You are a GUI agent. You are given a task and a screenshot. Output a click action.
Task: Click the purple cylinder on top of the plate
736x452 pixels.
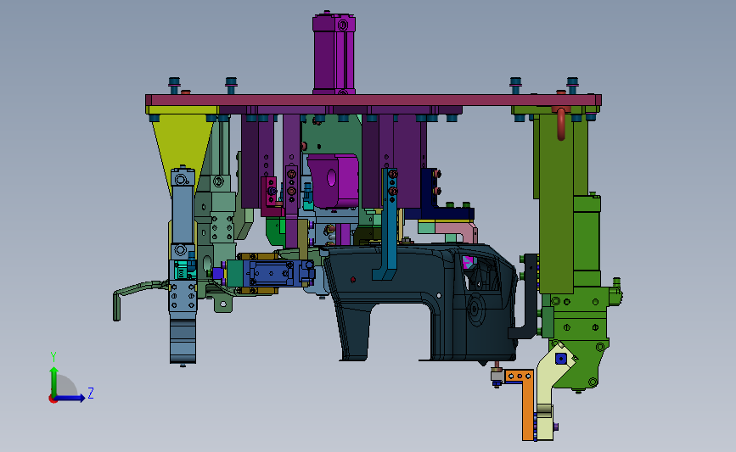334,54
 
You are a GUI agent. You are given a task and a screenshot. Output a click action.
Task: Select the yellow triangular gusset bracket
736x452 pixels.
183,141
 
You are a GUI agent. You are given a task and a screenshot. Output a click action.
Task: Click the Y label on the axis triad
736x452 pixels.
53,357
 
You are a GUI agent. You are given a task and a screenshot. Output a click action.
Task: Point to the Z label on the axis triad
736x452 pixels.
91,393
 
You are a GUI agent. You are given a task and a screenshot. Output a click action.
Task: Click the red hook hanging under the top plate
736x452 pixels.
560,123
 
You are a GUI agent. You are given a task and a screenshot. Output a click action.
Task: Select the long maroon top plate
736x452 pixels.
374,100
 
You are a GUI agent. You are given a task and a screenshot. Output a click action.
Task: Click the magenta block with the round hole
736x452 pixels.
334,181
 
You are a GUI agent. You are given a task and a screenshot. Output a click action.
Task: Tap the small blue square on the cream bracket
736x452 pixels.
560,359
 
